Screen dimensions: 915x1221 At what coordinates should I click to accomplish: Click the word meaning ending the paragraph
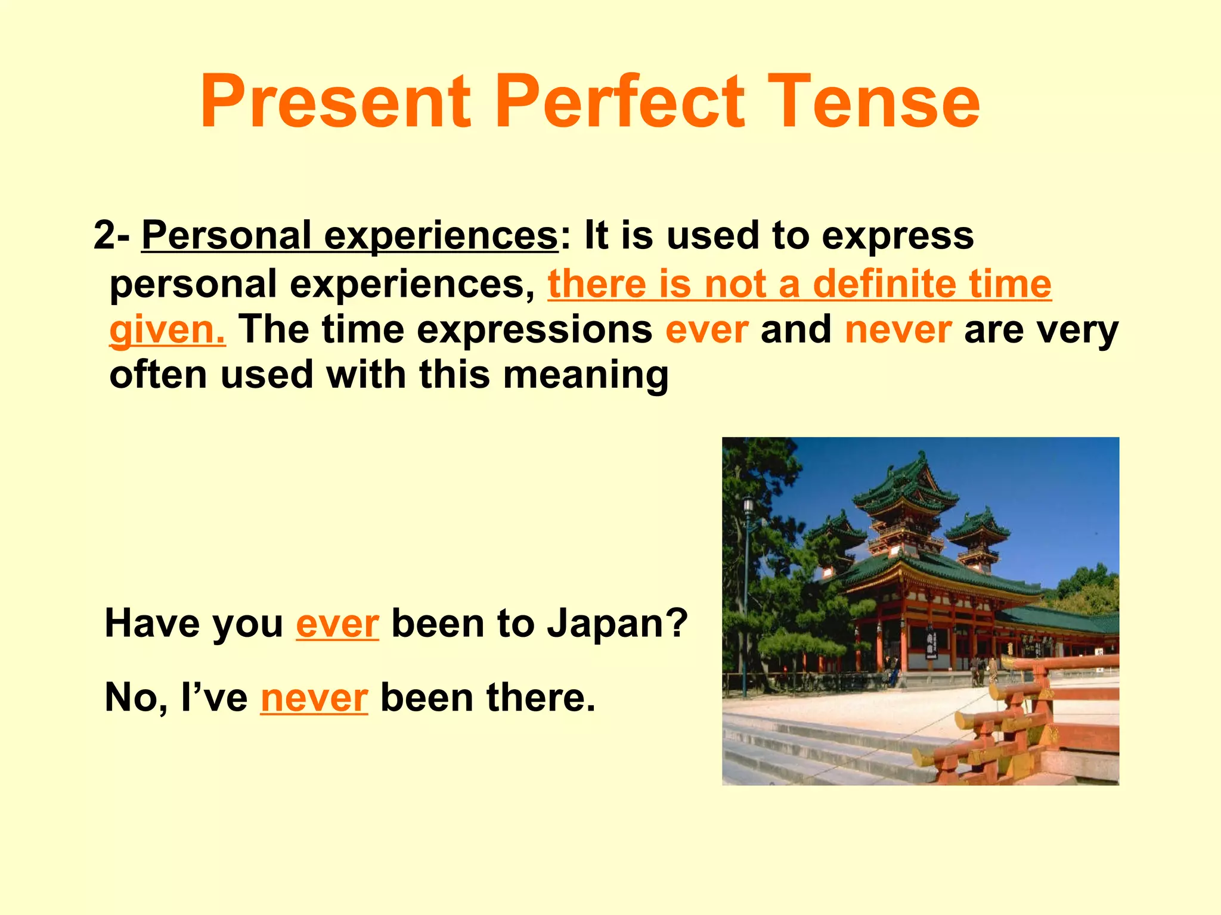click(x=586, y=375)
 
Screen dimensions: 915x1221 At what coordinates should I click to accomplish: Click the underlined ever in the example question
click(x=337, y=624)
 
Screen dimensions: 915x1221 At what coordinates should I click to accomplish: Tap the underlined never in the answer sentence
click(x=314, y=698)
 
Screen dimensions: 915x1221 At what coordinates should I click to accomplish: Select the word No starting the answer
click(x=132, y=698)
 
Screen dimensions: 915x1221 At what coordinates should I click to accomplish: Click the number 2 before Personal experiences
click(x=104, y=236)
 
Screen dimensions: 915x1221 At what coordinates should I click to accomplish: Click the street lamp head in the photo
click(x=748, y=507)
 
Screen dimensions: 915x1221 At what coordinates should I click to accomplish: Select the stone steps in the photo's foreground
click(x=823, y=751)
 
